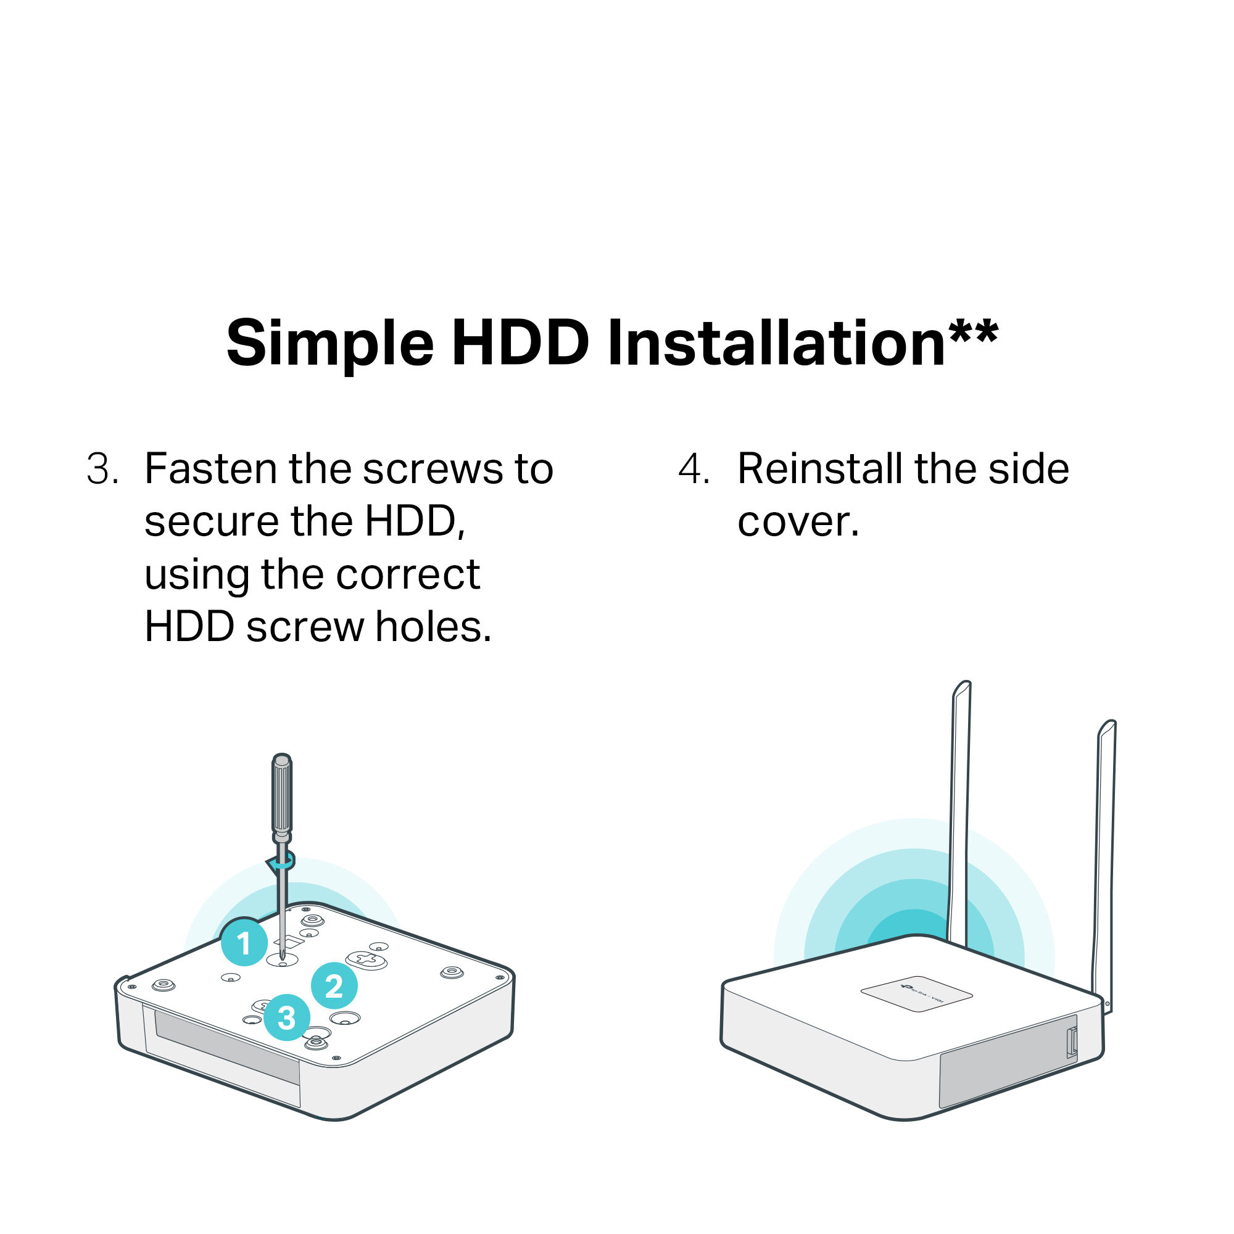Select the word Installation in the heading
pos(777,344)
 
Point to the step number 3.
pos(102,469)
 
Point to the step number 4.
pos(694,469)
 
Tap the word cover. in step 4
pos(798,523)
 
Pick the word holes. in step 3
pos(433,627)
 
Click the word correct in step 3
pos(407,575)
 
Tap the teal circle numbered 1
pos(244,942)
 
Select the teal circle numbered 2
pos(334,986)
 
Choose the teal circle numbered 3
pos(287,1017)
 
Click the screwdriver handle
pos(282,795)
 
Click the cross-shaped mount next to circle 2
pos(366,959)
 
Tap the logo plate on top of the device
pos(917,994)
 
